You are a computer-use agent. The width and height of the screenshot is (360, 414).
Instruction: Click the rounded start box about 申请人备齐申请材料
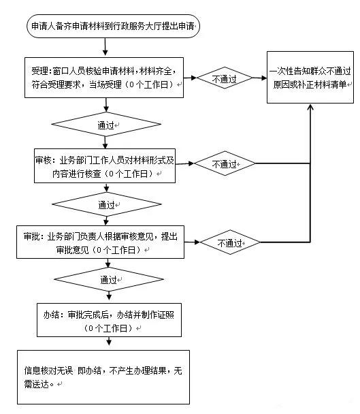[x=112, y=26]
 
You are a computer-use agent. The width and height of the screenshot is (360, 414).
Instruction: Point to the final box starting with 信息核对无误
[x=103, y=377]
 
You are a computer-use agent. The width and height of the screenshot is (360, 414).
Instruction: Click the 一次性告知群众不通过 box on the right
[x=310, y=77]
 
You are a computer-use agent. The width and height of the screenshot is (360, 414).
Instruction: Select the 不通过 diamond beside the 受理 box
[x=224, y=79]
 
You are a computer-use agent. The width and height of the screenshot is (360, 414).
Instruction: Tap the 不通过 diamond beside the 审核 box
[x=225, y=164]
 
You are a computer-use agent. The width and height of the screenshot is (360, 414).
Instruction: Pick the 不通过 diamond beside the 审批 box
[x=229, y=242]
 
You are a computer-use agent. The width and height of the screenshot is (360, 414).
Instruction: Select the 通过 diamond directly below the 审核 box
[x=105, y=204]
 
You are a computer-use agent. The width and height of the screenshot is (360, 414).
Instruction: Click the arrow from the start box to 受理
[x=105, y=46]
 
